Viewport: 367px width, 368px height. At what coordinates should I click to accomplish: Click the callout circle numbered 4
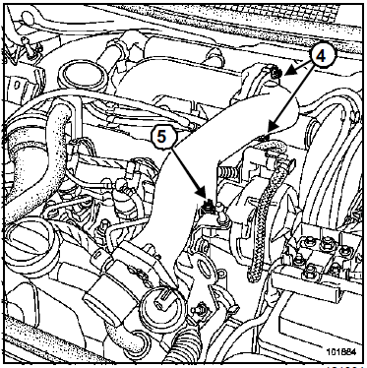[321, 57]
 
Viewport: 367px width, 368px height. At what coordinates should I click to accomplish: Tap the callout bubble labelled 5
[161, 137]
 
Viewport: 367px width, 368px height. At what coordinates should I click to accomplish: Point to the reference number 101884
[341, 351]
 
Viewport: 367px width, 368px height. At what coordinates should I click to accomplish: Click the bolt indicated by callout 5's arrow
[209, 207]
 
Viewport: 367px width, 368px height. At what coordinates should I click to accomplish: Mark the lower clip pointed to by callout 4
[263, 139]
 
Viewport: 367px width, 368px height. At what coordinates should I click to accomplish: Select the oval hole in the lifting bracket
[205, 269]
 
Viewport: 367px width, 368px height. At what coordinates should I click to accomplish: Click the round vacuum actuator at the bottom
[163, 305]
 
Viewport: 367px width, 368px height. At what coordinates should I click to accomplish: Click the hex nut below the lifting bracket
[199, 309]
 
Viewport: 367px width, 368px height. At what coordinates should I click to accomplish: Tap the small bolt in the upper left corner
[27, 44]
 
